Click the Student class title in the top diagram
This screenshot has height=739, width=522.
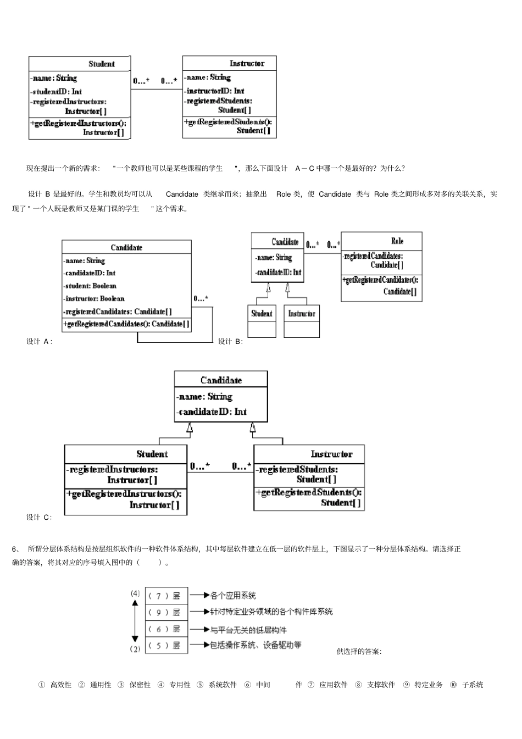click(102, 64)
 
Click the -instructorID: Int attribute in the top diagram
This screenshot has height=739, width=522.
click(215, 91)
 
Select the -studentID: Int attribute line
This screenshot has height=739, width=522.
click(57, 91)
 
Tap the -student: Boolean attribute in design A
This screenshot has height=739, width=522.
click(90, 286)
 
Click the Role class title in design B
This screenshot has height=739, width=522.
click(397, 241)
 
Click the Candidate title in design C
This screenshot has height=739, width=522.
click(221, 380)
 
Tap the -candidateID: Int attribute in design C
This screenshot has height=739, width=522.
click(212, 412)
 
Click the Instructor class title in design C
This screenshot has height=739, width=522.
click(331, 454)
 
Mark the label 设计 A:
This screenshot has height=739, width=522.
click(40, 341)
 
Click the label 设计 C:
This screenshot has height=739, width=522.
click(40, 517)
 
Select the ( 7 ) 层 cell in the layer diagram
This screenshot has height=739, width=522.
click(166, 596)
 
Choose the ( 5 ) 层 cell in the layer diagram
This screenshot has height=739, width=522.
click(166, 646)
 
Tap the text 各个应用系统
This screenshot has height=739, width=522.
click(233, 595)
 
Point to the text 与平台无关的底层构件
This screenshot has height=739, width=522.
click(248, 630)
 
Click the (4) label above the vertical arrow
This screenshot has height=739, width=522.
click(135, 593)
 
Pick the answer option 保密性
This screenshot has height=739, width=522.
click(140, 685)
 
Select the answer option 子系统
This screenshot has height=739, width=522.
click(473, 685)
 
